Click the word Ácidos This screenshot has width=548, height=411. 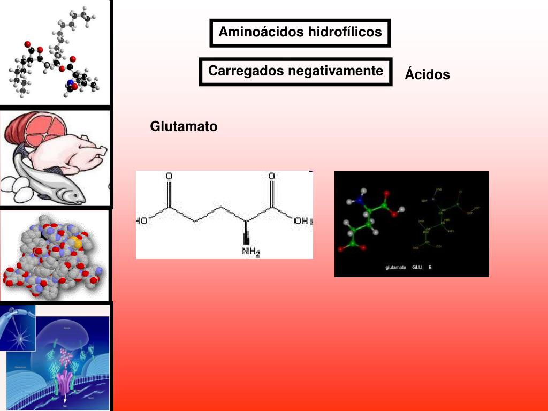point(427,75)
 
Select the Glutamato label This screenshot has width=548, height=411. point(184,127)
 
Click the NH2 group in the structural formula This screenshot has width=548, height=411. point(250,250)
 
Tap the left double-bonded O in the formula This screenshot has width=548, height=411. point(169,176)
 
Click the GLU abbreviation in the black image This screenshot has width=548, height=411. point(417,267)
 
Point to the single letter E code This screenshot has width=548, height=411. point(430,267)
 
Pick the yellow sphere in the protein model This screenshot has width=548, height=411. point(78,243)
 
